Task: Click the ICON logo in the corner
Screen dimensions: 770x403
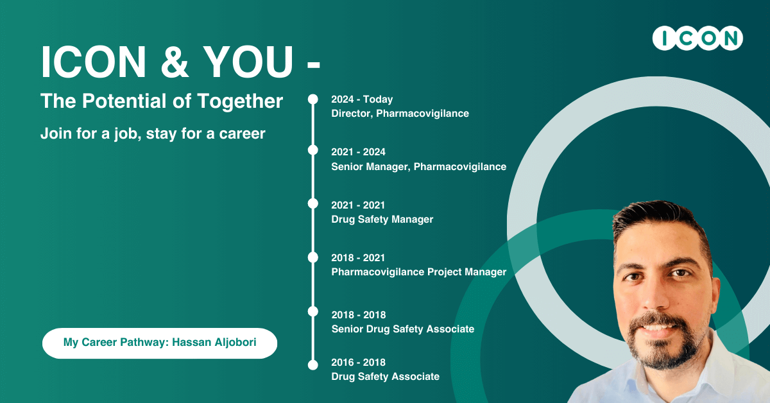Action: [697, 38]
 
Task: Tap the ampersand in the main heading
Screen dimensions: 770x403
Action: [175, 62]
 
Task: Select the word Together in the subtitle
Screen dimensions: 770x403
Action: [240, 101]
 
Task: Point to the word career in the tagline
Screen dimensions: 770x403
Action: [242, 133]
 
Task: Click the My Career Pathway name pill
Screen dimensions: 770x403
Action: [160, 343]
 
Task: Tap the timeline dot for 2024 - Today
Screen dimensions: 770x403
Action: [313, 99]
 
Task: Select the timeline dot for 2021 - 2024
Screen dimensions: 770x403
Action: [313, 150]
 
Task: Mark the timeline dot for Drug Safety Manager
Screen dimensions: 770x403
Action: [313, 203]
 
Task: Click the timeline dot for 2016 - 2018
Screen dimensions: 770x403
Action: [313, 365]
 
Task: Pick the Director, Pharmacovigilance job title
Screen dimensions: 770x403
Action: [400, 114]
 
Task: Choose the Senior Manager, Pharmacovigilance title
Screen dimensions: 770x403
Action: [418, 167]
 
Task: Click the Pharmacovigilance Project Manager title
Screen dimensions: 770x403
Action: [418, 272]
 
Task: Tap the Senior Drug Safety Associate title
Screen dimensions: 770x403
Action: [403, 329]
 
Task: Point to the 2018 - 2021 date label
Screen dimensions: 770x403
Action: [358, 258]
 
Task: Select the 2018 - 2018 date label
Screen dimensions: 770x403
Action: [359, 315]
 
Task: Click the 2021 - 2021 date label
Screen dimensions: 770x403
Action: [358, 205]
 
